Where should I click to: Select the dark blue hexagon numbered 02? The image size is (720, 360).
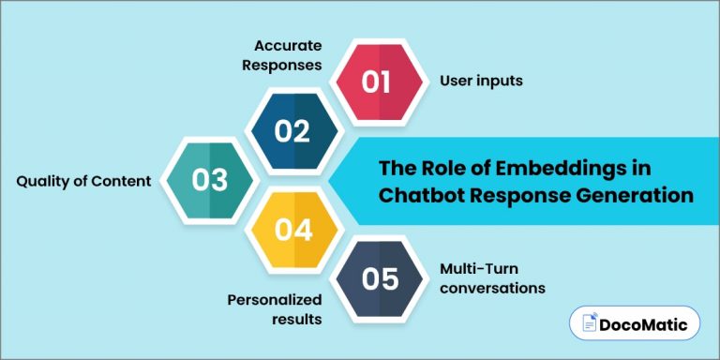pos(292,130)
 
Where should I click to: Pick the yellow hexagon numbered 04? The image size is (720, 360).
pos(292,228)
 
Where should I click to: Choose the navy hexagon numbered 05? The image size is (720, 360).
pos(379,278)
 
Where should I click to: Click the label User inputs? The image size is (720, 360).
pos(481,82)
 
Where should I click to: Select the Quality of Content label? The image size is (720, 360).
pos(83,181)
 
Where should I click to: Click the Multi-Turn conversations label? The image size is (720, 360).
pos(492,278)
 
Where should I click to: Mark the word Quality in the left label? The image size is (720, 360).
pos(42,181)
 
